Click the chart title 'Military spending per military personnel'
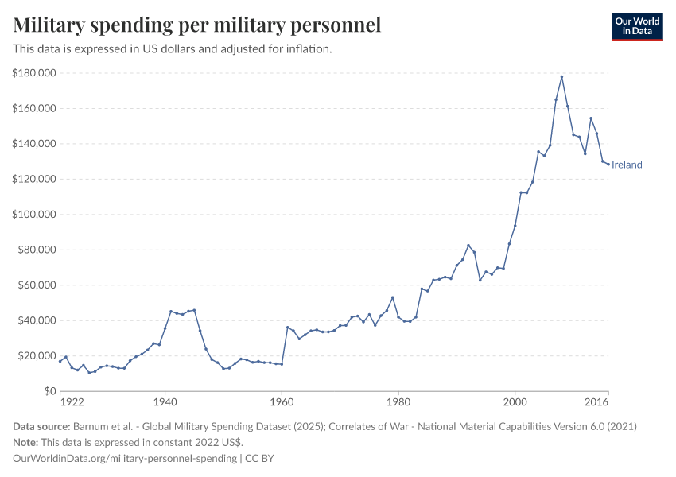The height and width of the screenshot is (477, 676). [x=197, y=25]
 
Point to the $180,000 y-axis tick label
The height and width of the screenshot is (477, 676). [x=33, y=73]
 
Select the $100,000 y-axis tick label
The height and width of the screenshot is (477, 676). [x=33, y=215]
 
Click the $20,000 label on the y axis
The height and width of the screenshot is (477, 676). [x=36, y=356]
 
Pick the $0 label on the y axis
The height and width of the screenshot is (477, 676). [x=49, y=391]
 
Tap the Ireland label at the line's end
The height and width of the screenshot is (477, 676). [x=627, y=165]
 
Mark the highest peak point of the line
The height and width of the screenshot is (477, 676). [x=561, y=76]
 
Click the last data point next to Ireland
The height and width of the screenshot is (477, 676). [x=608, y=165]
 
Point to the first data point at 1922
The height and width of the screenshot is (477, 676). [x=60, y=361]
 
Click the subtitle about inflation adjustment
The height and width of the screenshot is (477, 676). [x=172, y=49]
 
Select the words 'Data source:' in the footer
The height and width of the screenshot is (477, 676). [x=41, y=427]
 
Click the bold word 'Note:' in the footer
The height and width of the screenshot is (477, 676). [x=27, y=442]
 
